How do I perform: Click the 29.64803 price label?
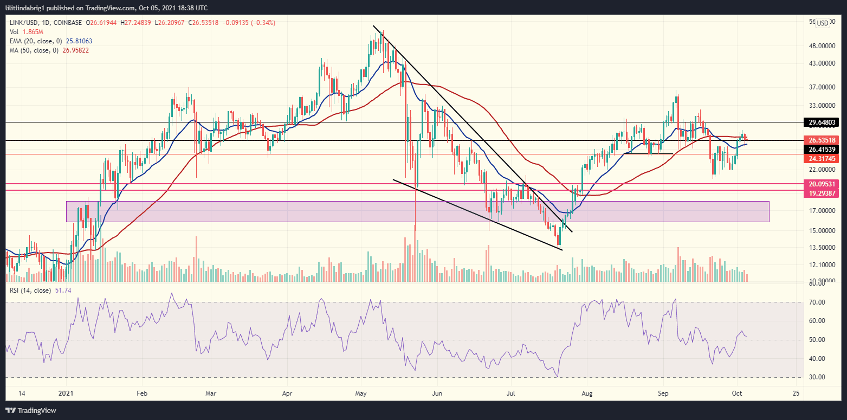(823, 122)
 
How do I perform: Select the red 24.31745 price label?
(823, 159)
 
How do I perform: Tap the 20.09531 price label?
(823, 184)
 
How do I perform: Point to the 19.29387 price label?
(823, 193)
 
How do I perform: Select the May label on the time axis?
(361, 392)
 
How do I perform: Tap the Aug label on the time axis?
(585, 392)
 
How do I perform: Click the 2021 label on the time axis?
(66, 392)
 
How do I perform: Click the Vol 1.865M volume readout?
(23, 32)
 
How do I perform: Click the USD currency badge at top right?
(822, 23)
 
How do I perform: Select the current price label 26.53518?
(823, 140)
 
